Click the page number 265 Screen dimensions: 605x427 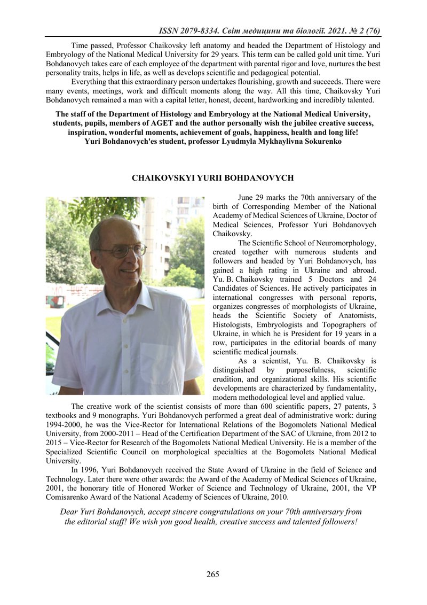pyautogui.click(x=213, y=575)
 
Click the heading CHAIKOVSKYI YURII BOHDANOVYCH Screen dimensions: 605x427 pyautogui.click(x=213, y=177)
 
